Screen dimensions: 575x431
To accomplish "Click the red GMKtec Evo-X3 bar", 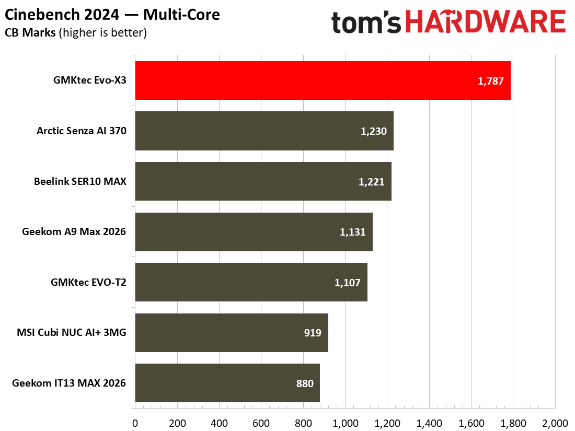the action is [x=323, y=80].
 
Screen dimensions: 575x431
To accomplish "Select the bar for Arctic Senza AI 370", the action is [x=264, y=131].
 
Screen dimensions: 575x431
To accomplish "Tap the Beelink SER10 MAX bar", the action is [x=263, y=181].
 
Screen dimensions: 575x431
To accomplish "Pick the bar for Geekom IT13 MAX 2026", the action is [x=227, y=383].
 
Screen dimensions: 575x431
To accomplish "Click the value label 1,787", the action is [x=490, y=81].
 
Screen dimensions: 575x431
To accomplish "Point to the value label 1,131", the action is [x=352, y=232].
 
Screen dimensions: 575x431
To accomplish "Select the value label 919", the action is [x=313, y=333].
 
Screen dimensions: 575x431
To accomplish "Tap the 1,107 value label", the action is [x=347, y=283].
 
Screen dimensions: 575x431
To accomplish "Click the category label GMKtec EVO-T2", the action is [x=88, y=282].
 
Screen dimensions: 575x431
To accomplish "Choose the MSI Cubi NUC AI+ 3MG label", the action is [x=72, y=332].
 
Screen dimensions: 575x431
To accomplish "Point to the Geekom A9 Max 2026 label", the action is [x=74, y=231].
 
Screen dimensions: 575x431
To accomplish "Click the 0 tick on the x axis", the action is [x=135, y=423].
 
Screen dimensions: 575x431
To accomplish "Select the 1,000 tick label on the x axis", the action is [x=345, y=423].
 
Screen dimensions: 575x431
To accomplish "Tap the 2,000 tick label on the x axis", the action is [x=555, y=423].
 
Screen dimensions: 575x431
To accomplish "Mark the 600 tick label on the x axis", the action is [x=261, y=423].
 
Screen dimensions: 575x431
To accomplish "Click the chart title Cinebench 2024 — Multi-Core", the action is [x=112, y=15].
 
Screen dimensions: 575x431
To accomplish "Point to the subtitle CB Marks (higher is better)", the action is [x=76, y=32].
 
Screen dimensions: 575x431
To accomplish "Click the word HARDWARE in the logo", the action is [x=486, y=21].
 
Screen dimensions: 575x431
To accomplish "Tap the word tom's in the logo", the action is [x=366, y=22].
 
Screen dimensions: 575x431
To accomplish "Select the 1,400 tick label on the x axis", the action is [x=429, y=423].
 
